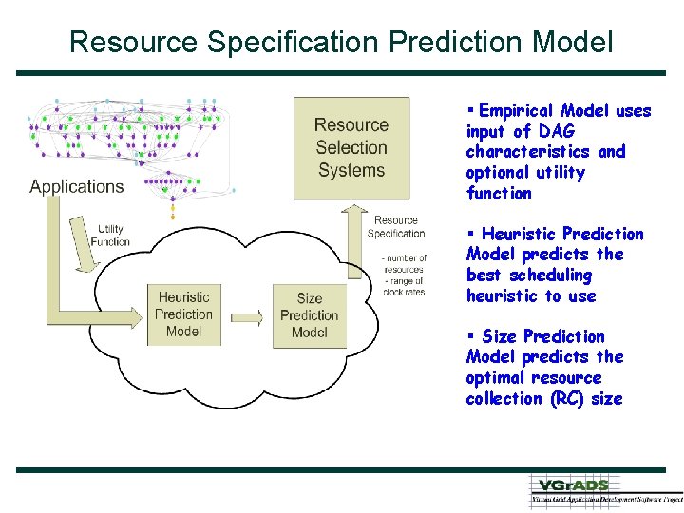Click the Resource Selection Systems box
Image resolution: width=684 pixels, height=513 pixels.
[351, 147]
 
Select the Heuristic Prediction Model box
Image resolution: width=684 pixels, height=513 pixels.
[183, 314]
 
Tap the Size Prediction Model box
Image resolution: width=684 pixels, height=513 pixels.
[310, 315]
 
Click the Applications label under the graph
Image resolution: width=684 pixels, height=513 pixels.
[77, 186]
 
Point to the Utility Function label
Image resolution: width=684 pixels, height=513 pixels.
[110, 236]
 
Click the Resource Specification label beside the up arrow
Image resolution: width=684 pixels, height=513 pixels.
[395, 227]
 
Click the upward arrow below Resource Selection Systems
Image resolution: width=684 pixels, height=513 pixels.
[353, 237]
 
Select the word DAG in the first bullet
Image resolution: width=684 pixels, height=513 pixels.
[557, 132]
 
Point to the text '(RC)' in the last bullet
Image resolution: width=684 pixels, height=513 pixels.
[567, 399]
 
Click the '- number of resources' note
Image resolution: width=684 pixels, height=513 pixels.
[404, 263]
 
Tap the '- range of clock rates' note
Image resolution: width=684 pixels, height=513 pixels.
[404, 286]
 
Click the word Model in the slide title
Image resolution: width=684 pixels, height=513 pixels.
[573, 42]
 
